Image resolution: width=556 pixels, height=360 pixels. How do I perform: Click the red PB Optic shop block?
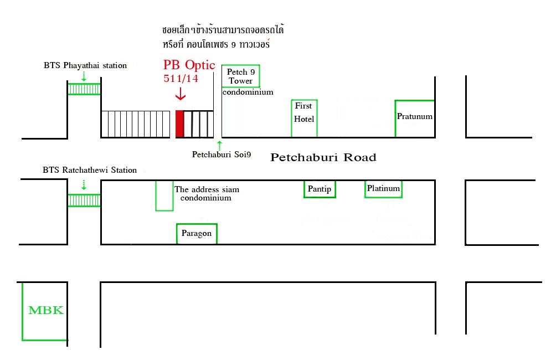[x=179, y=124]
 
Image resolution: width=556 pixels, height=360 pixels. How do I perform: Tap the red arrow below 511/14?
[x=180, y=94]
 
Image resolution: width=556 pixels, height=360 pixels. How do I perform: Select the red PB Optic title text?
[x=189, y=64]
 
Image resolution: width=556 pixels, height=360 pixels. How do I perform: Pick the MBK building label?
[x=46, y=310]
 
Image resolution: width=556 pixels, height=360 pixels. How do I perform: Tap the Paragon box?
[x=197, y=233]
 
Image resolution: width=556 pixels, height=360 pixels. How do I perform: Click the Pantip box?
[x=320, y=189]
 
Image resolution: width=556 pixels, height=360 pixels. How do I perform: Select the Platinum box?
[x=383, y=189]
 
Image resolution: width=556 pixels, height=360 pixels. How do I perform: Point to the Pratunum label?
[x=414, y=117]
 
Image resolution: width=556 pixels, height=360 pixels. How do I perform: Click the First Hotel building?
[x=304, y=118]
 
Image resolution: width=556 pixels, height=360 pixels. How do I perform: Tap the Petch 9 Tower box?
[x=240, y=76]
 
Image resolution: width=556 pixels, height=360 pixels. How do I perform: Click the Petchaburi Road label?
[x=323, y=158]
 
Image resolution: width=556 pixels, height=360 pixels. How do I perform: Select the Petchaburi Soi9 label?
[x=222, y=155]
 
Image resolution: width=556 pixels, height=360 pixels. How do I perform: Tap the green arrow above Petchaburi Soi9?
[x=220, y=145]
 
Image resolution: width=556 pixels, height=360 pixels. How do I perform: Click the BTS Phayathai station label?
[x=85, y=65]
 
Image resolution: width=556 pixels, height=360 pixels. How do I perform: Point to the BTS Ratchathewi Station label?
[x=90, y=170]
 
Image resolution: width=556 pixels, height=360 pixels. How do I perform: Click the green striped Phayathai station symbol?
[x=84, y=89]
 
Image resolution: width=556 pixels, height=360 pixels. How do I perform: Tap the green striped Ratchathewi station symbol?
[x=84, y=200]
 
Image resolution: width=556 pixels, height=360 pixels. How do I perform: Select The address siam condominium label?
[x=207, y=193]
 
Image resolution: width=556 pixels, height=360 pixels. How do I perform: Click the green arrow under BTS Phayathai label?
[x=84, y=76]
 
